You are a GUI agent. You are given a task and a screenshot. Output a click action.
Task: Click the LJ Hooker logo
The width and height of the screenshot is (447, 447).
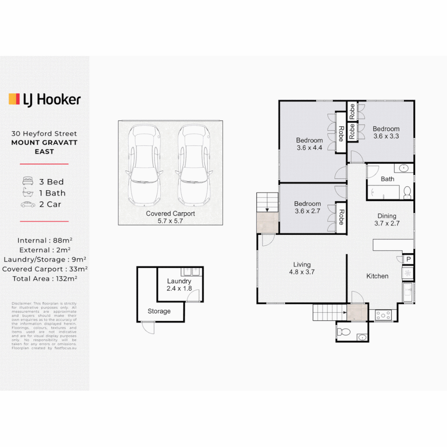click(x=45, y=100)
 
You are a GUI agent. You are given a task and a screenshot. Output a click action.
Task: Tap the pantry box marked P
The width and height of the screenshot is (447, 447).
click(x=408, y=259)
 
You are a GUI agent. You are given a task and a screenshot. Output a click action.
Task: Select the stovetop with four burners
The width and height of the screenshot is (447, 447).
click(x=383, y=315)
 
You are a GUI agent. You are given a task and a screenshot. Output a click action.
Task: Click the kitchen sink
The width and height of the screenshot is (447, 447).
click(x=408, y=292)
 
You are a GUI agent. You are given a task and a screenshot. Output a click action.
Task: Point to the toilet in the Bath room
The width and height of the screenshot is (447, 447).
click(x=407, y=193)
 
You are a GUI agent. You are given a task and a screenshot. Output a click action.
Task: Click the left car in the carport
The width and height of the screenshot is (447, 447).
click(x=144, y=165)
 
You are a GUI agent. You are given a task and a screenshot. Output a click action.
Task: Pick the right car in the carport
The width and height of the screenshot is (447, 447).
click(x=194, y=165)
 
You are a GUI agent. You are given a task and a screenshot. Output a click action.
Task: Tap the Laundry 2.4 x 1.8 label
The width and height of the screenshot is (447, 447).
click(x=179, y=285)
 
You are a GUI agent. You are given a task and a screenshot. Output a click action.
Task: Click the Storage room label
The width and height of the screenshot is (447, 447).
click(x=159, y=311)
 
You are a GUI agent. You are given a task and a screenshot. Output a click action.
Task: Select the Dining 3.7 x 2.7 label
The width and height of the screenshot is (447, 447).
click(x=387, y=219)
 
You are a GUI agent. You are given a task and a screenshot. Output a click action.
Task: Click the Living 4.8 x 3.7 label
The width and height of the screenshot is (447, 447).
click(x=302, y=268)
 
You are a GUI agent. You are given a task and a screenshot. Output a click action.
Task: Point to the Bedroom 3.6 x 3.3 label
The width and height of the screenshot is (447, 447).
click(x=386, y=132)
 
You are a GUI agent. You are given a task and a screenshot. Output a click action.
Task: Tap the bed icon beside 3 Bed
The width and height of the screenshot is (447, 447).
click(x=28, y=181)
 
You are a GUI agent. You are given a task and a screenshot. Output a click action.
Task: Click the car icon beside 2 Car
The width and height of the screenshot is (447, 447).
click(x=28, y=204)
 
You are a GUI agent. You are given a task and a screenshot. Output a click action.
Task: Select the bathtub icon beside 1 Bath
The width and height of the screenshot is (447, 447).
click(x=28, y=192)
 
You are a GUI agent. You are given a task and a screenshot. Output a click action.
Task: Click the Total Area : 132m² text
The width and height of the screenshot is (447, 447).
click(x=45, y=279)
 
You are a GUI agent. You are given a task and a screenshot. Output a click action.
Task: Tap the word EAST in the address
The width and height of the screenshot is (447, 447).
click(x=44, y=151)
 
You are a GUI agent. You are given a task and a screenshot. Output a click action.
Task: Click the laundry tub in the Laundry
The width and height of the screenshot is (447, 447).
click(x=191, y=272)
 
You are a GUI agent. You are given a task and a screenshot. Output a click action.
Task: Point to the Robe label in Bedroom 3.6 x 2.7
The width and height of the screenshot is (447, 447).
click(x=341, y=217)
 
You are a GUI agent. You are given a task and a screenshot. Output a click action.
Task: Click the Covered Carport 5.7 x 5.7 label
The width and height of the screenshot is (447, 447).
click(x=171, y=217)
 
